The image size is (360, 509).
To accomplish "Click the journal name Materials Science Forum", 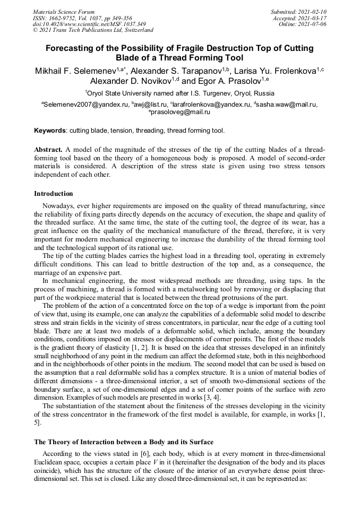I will point(64,12).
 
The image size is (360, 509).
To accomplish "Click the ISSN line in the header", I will point(82,18).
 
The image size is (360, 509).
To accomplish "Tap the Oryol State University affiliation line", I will point(179,92).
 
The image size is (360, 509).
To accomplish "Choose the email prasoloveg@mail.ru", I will point(181,112).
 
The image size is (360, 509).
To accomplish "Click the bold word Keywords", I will point(50,130).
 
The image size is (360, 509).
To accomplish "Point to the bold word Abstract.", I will point(49,150).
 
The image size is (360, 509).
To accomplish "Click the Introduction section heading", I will point(53,194).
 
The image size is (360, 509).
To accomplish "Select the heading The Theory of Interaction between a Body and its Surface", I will point(123,442).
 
